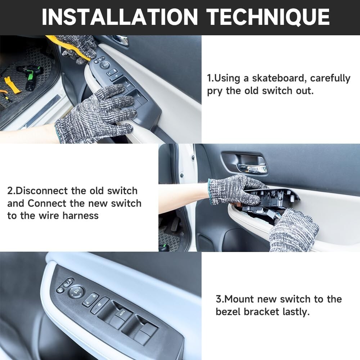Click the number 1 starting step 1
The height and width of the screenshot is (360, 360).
(x=210, y=78)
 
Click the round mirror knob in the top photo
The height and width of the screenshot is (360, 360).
(x=105, y=65)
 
